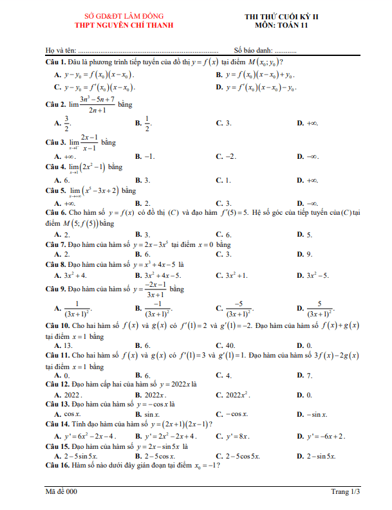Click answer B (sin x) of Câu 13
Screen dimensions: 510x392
point(147,415)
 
